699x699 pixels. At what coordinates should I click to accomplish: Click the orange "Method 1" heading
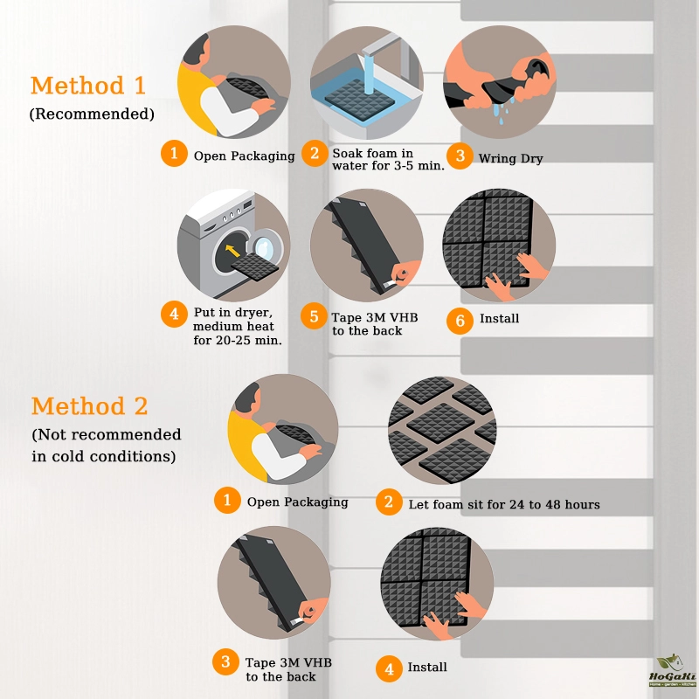coord(88,86)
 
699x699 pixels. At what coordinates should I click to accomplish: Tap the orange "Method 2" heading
coord(89,406)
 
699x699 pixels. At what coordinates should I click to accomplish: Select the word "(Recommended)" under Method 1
coord(92,114)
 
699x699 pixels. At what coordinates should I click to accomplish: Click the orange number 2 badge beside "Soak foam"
coord(315,154)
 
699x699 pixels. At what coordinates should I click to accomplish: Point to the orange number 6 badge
coord(460,321)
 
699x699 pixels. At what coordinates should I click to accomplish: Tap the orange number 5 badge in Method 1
coord(314,316)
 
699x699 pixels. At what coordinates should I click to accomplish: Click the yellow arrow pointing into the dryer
coord(232,251)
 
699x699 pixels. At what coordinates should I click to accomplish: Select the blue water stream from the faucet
coord(368,73)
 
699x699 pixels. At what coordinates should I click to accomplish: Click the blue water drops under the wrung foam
coord(502,111)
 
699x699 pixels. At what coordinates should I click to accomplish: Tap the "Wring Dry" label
coord(510,159)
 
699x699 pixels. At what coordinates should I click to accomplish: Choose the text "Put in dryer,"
coord(232,312)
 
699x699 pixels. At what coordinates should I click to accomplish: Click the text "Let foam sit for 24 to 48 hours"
coord(504,504)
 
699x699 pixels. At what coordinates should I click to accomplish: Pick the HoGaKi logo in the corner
coord(673,672)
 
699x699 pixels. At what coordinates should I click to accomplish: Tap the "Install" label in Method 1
coord(499,318)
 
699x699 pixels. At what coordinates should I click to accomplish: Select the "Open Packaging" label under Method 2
coord(297,502)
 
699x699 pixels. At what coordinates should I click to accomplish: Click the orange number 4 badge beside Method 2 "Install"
coord(389,668)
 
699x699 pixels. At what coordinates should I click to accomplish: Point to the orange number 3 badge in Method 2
coord(225,661)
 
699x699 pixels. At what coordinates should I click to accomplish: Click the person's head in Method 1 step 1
coord(197,50)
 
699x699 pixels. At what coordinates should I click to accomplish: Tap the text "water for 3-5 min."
coord(388,166)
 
